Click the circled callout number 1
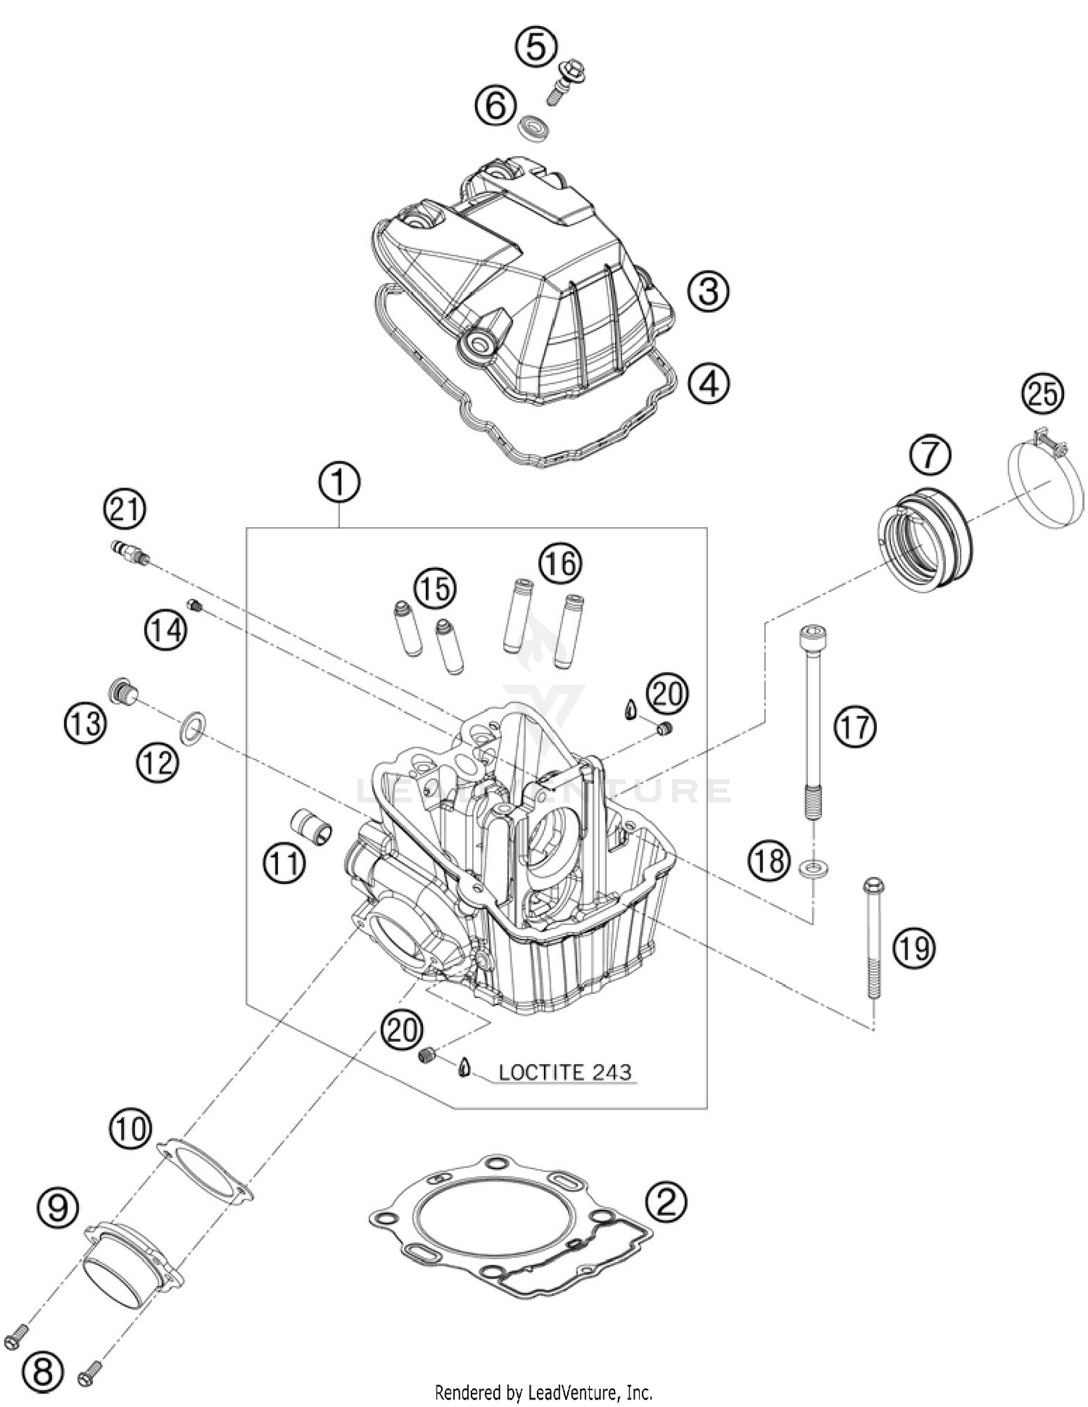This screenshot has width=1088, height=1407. tap(339, 483)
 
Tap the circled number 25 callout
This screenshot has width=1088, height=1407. tap(1042, 395)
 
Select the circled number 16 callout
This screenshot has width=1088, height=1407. tap(560, 564)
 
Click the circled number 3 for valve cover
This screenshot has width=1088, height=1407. tap(708, 292)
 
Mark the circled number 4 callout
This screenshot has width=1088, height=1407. tap(708, 382)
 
